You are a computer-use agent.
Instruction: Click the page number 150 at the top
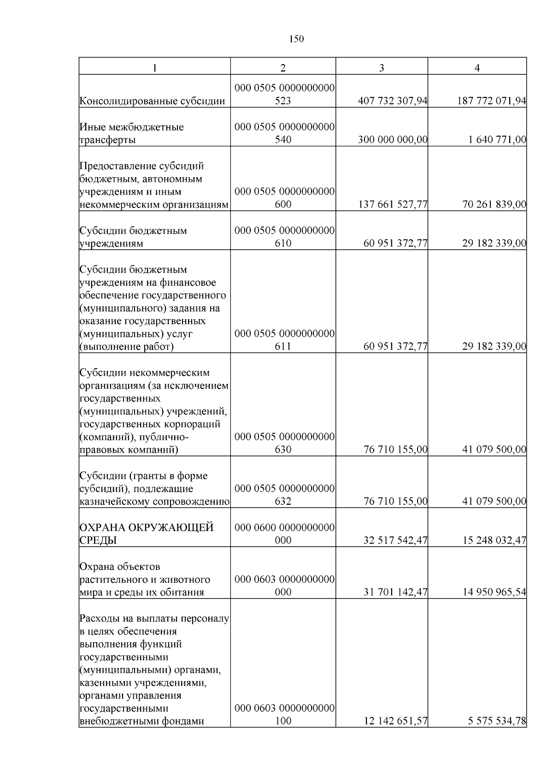coord(296,39)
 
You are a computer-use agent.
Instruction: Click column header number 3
coord(381,68)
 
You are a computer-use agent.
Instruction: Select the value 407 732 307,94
coord(393,101)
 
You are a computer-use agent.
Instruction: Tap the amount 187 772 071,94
coord(491,101)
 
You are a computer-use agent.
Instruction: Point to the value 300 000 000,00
coord(393,140)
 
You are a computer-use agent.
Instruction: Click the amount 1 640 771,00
coord(497,140)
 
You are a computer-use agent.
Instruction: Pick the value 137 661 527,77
coord(393,204)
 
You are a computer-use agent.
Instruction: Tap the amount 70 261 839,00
coord(494,204)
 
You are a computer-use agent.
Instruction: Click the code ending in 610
coord(284,237)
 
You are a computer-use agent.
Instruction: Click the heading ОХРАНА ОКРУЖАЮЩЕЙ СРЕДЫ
coord(146,534)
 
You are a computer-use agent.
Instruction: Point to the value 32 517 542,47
coord(395,540)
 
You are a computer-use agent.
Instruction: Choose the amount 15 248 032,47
coord(494,540)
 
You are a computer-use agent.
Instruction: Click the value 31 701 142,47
coord(395,592)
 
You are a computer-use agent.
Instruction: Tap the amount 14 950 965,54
coord(494,592)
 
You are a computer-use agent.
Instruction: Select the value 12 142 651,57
coord(395,721)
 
